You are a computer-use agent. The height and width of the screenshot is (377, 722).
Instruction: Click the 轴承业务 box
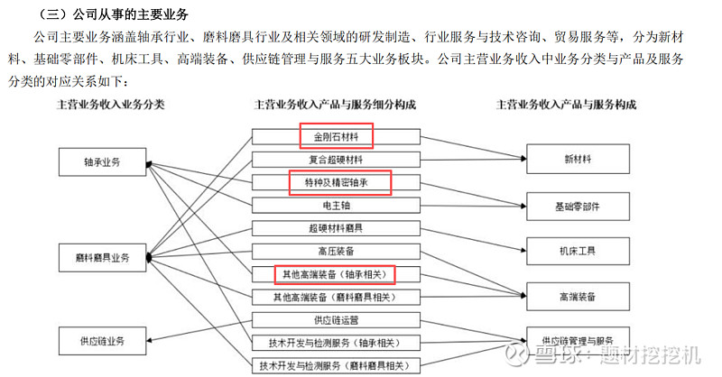(102, 161)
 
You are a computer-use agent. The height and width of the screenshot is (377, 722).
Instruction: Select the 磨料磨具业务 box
(102, 257)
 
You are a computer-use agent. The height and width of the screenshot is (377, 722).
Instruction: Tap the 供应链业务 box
(102, 341)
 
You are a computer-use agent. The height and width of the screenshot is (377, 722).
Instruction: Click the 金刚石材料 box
(336, 137)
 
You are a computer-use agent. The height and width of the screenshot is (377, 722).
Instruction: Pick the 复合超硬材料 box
(336, 160)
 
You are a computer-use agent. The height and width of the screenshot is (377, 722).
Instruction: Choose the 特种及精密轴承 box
(336, 183)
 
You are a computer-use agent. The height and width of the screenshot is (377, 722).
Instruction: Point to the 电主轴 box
(336, 206)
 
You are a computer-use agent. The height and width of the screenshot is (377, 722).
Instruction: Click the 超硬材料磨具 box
(336, 228)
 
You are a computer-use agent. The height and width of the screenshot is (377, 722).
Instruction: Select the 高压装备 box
(336, 252)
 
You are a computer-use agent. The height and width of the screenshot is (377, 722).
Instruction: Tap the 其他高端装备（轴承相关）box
(336, 274)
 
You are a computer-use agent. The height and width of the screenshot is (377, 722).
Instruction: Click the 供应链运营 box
(336, 320)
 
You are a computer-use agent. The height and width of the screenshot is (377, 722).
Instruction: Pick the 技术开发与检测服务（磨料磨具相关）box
(336, 365)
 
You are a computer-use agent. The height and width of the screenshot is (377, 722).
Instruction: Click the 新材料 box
(578, 159)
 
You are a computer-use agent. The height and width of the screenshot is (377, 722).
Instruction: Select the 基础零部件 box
(578, 207)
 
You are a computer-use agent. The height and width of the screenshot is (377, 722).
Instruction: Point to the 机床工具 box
(578, 251)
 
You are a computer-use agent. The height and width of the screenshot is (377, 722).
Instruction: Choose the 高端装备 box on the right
(578, 297)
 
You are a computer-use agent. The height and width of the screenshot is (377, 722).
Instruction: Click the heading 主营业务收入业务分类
(110, 105)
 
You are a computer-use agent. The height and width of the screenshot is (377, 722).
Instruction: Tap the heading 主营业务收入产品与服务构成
(567, 105)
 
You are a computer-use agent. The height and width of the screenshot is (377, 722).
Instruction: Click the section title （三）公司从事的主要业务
(114, 14)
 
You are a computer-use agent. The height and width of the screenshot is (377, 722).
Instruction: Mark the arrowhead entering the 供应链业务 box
(150, 341)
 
